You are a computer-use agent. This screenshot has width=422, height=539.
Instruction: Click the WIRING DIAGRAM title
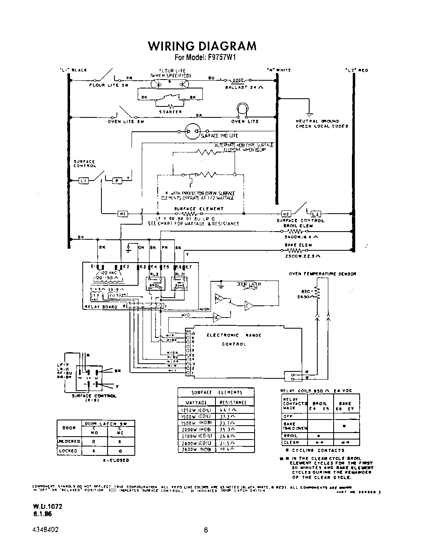point(202,46)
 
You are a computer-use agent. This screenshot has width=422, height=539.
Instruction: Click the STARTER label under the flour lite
point(170,112)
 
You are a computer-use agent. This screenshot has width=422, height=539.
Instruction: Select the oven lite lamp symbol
point(243,109)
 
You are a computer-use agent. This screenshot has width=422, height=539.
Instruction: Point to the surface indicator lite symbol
point(191,131)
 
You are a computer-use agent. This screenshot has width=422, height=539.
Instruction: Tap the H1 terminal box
point(123,214)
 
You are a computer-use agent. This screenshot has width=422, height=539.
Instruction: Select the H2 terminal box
point(286,214)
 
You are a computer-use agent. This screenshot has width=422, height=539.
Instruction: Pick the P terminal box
point(116,180)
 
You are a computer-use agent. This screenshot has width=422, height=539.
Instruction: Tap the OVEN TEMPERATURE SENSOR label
point(322,274)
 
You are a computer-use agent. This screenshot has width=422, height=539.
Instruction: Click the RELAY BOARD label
point(101,307)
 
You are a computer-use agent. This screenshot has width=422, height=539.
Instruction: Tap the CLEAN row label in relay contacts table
point(291,442)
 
